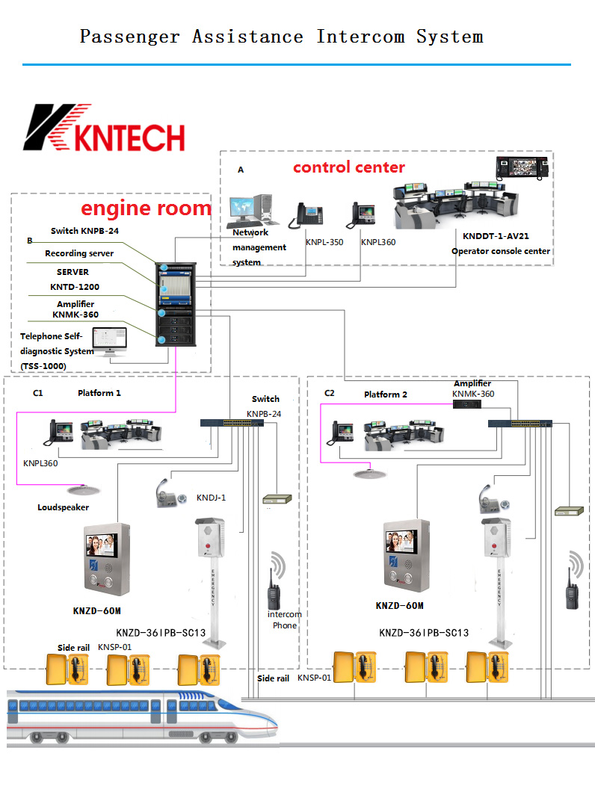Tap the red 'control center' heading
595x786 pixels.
coord(348,167)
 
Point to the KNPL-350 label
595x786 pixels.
coord(324,242)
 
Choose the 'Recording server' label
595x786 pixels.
coord(79,253)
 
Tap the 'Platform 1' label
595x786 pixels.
coord(99,392)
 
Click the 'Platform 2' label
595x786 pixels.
coord(386,394)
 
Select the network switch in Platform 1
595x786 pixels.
coord(232,423)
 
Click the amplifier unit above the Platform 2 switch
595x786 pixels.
coord(467,403)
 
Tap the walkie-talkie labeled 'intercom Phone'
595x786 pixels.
coord(274,589)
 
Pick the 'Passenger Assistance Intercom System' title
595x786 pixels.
coord(281,37)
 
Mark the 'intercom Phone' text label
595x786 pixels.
coord(285,619)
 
